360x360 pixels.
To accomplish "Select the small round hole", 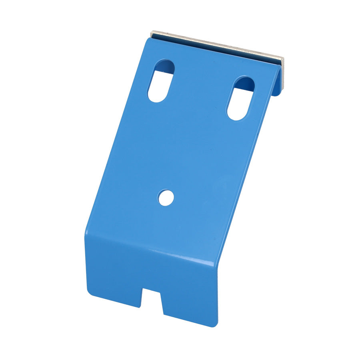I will click(166, 198).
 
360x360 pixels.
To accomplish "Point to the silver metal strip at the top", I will click(218, 46).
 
